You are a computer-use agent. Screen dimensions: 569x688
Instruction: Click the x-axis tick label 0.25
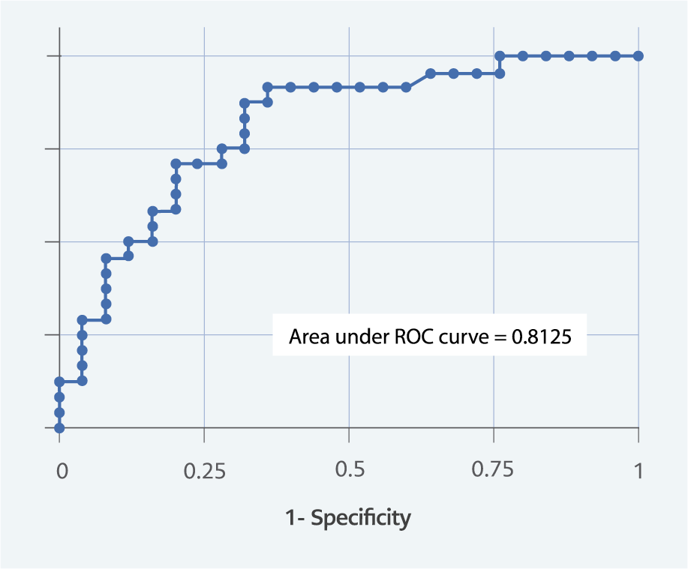point(204,471)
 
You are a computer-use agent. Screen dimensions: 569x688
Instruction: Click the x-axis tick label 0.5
point(349,471)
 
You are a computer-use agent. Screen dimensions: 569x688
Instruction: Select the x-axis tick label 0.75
point(494,471)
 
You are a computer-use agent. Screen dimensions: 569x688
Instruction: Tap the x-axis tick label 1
point(638,471)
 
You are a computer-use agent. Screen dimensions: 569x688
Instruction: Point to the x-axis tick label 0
point(62,471)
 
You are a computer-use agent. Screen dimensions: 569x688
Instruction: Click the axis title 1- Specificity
point(348,518)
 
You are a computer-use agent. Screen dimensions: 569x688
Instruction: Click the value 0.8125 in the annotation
point(542,337)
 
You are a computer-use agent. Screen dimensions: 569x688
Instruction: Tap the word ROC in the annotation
point(413,337)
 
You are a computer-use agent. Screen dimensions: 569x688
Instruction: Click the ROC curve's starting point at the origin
point(59,428)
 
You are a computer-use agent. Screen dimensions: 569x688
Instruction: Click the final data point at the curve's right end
point(638,56)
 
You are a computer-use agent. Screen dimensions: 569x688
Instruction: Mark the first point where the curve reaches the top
point(500,56)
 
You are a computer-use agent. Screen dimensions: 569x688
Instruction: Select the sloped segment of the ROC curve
point(418,80)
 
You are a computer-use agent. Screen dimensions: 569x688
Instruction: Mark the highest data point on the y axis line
point(59,381)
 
